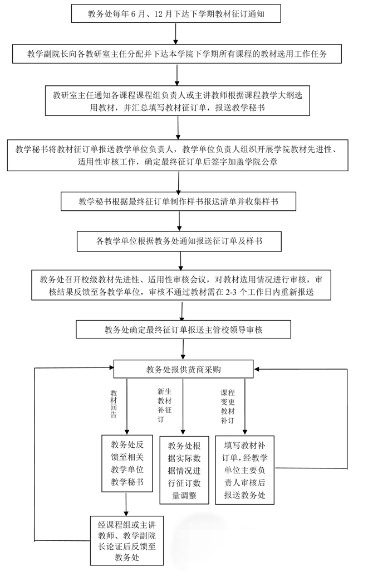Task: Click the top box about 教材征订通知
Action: (x=176, y=14)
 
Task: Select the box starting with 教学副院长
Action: (x=176, y=54)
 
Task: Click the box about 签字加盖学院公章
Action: (x=178, y=155)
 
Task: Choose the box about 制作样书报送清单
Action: (x=179, y=202)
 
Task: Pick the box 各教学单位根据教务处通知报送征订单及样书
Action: (x=179, y=241)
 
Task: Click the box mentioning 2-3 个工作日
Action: (x=181, y=285)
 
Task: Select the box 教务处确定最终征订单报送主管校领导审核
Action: (x=183, y=330)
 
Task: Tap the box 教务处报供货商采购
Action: (x=183, y=369)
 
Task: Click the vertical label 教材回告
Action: (x=114, y=403)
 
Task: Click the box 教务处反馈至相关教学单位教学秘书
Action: (x=127, y=463)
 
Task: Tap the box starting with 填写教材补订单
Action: (x=244, y=470)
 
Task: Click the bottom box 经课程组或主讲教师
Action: (x=127, y=540)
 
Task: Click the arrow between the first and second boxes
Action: (x=176, y=33)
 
